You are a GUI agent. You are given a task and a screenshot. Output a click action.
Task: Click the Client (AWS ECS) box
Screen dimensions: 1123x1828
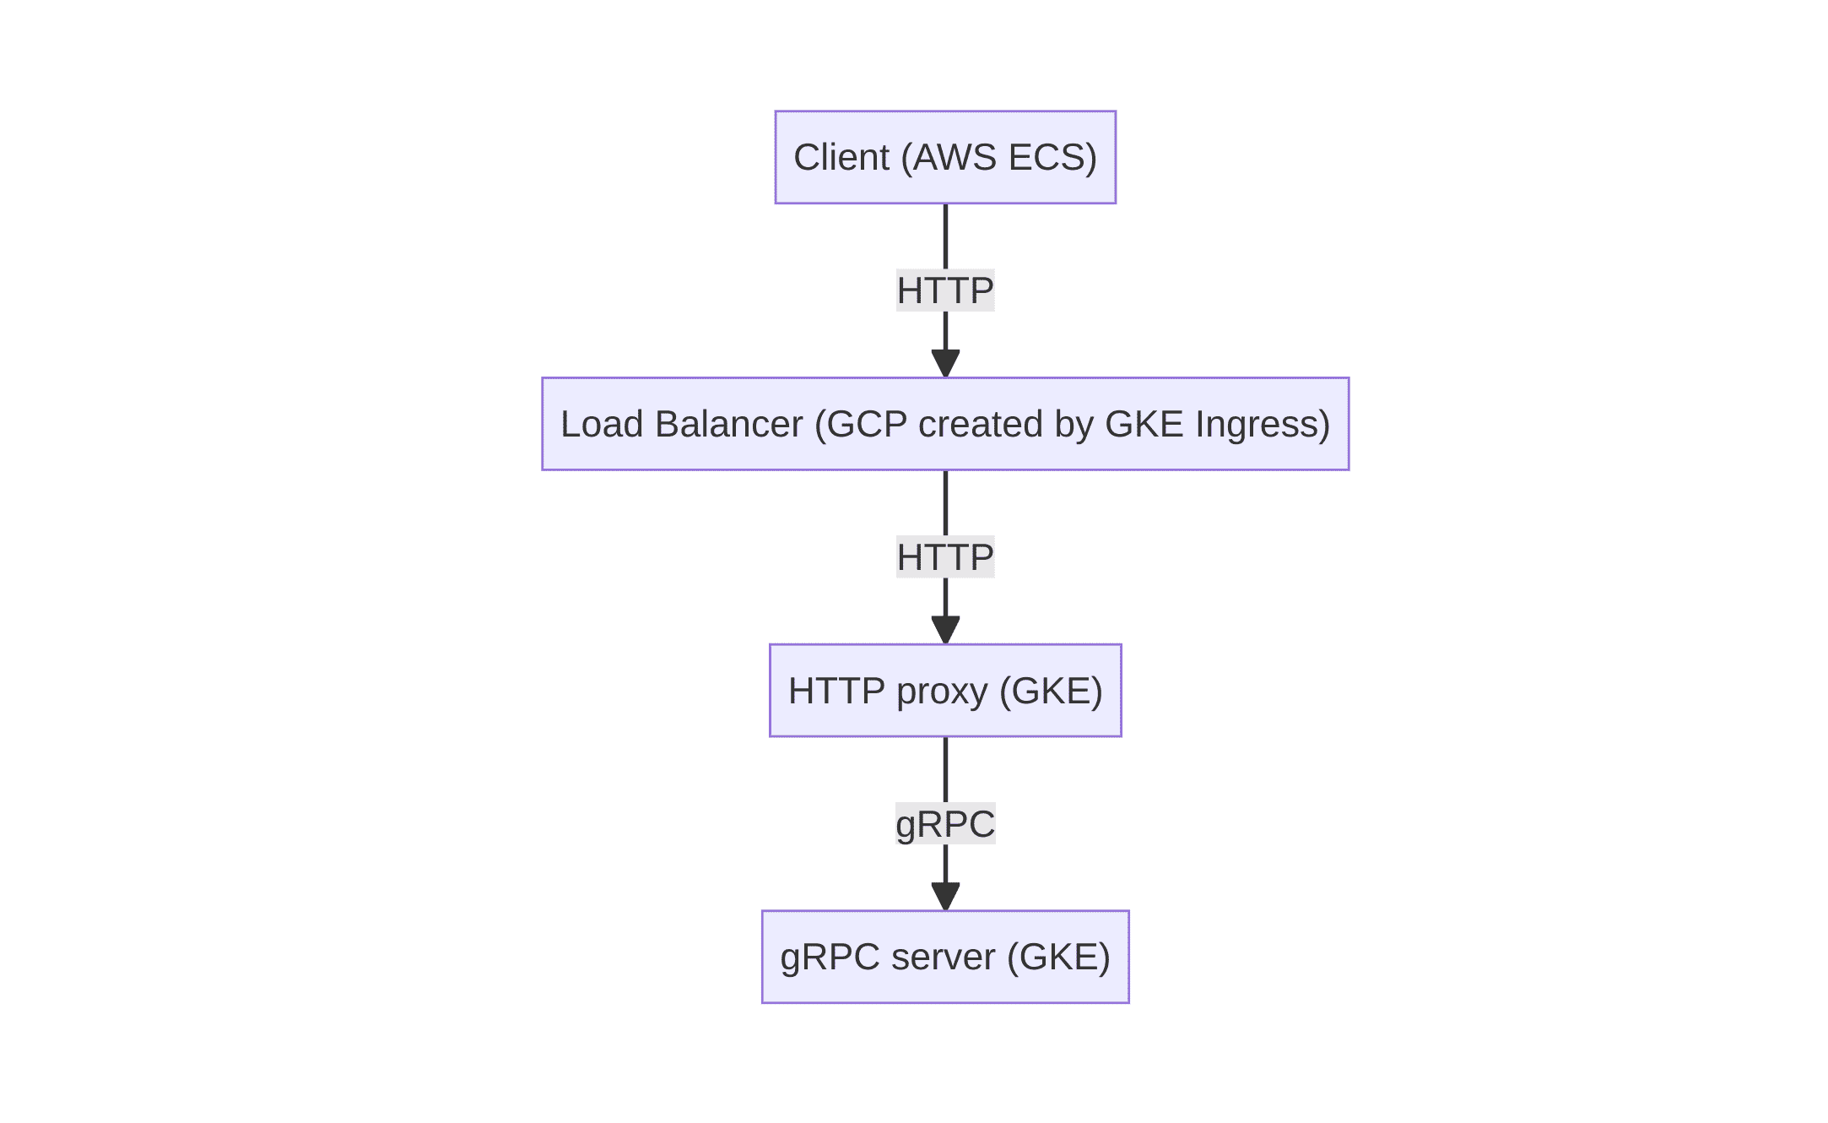click(x=945, y=157)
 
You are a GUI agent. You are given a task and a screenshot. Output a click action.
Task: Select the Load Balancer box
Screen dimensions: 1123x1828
click(x=945, y=424)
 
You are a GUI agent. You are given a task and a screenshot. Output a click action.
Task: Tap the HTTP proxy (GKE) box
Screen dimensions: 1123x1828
click(x=945, y=691)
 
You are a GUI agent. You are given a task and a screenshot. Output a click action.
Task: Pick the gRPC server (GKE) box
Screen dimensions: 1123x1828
click(x=945, y=957)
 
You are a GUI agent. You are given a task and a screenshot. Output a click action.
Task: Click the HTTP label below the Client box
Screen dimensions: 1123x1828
click(x=945, y=290)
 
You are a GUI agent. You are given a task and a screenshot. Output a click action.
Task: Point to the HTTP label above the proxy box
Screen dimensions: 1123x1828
click(x=945, y=557)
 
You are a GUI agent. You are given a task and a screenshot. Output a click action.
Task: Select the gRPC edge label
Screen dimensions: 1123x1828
click(x=945, y=824)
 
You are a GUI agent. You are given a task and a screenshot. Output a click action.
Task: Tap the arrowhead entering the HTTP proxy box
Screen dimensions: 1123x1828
click(x=945, y=630)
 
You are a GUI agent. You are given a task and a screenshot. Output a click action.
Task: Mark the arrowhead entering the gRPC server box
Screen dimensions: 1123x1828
click(x=945, y=897)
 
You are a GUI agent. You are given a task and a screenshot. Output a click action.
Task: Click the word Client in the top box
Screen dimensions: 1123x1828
click(x=841, y=157)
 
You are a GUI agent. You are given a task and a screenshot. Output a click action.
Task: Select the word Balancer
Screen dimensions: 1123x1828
click(x=728, y=424)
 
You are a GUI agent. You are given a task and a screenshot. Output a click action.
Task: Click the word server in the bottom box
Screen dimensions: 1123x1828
click(x=943, y=958)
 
